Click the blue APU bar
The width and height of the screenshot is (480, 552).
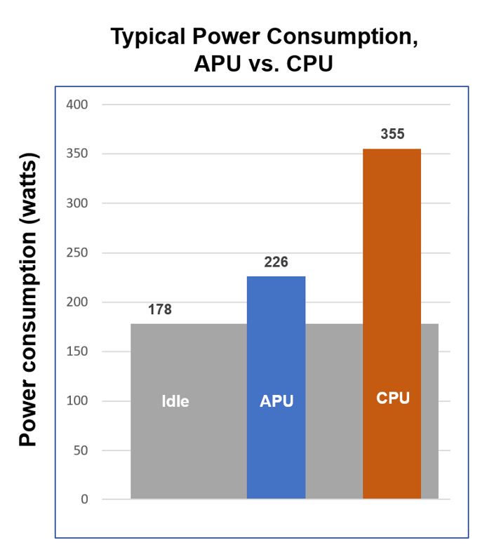[276, 351]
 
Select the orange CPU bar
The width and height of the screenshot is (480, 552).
[392, 281]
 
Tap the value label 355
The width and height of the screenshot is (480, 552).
[392, 134]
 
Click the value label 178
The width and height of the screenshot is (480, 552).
[159, 309]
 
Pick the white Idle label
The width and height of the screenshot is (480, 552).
[175, 402]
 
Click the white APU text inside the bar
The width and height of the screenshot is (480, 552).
[276, 402]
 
